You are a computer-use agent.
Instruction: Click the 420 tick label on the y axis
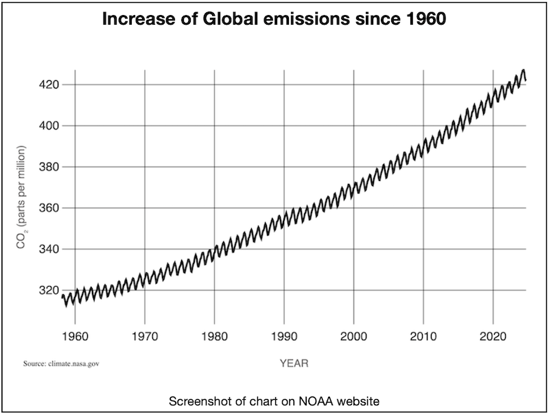click(x=48, y=84)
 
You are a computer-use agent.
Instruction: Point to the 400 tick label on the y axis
click(x=48, y=126)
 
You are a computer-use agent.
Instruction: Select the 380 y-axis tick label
click(x=48, y=167)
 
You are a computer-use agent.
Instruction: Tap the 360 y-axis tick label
click(x=48, y=208)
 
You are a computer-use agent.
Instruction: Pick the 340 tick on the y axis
click(x=48, y=249)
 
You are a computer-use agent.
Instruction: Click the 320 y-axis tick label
click(x=48, y=290)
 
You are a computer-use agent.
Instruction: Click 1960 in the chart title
click(x=426, y=20)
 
